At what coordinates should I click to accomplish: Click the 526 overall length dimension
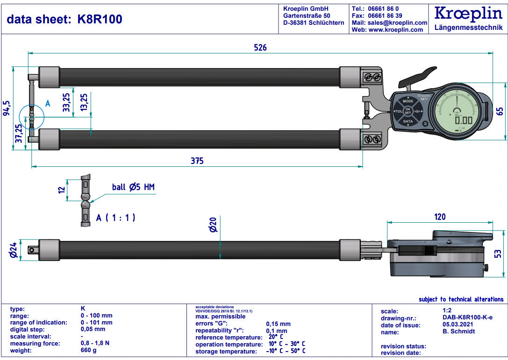(x=260, y=48)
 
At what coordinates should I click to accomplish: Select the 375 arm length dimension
(x=197, y=161)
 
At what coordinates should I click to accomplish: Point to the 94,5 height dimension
(x=7, y=107)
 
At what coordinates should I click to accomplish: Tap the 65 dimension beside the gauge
(x=500, y=111)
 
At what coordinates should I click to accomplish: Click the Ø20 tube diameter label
(x=214, y=226)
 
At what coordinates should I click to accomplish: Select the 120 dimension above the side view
(x=440, y=217)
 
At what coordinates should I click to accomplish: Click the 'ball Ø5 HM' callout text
(x=133, y=187)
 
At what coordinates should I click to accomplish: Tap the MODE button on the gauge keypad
(x=408, y=101)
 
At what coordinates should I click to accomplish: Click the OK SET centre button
(x=408, y=111)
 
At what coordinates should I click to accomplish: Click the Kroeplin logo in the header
(x=468, y=14)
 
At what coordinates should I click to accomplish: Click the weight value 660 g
(x=89, y=351)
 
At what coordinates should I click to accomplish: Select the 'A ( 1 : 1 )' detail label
(x=116, y=218)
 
